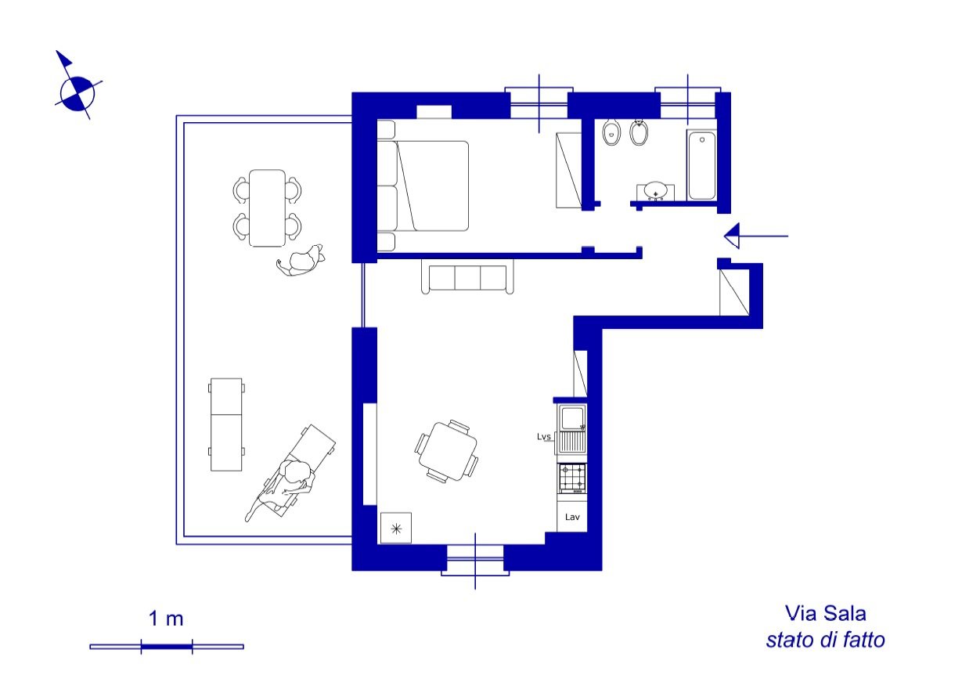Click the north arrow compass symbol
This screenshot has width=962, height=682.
point(77,94)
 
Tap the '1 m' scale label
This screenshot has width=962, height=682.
point(166,619)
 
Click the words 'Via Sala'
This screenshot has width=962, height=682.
point(825,613)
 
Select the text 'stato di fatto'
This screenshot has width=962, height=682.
point(825,640)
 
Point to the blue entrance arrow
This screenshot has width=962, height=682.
point(756,236)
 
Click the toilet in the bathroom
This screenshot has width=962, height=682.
point(611,132)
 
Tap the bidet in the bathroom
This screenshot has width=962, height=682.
point(639,132)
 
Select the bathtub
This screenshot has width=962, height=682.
point(702,165)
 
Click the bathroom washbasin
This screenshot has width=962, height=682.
point(655,192)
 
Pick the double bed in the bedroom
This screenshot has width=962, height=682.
point(423,186)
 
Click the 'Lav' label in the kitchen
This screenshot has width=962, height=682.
point(572,517)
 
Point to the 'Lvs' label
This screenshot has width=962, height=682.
point(544,437)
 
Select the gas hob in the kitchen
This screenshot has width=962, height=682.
point(572,478)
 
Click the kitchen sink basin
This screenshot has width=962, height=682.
point(572,418)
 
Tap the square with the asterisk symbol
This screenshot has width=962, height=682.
point(396,529)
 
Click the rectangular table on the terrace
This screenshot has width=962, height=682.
point(267,208)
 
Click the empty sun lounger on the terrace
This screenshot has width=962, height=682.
point(226,424)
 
